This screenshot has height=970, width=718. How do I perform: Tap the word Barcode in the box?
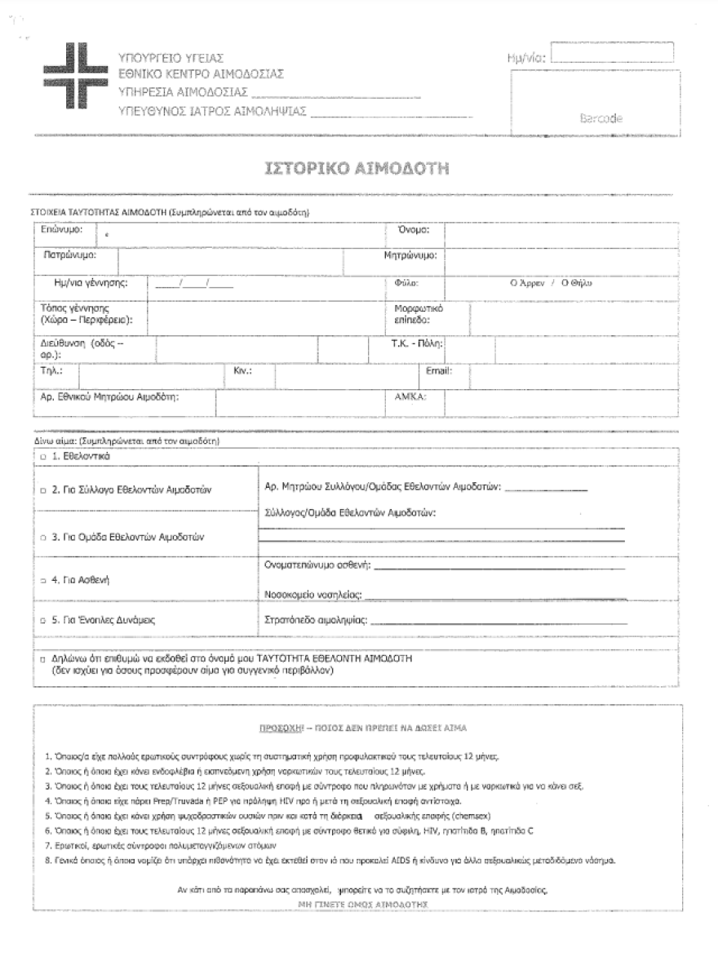[601, 118]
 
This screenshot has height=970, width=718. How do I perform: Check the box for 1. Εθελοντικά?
[43, 456]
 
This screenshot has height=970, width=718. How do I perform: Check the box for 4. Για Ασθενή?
[43, 580]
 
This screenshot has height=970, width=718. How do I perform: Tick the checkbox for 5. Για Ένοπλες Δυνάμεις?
[43, 621]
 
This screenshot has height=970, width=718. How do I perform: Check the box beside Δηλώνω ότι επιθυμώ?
[42, 658]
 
